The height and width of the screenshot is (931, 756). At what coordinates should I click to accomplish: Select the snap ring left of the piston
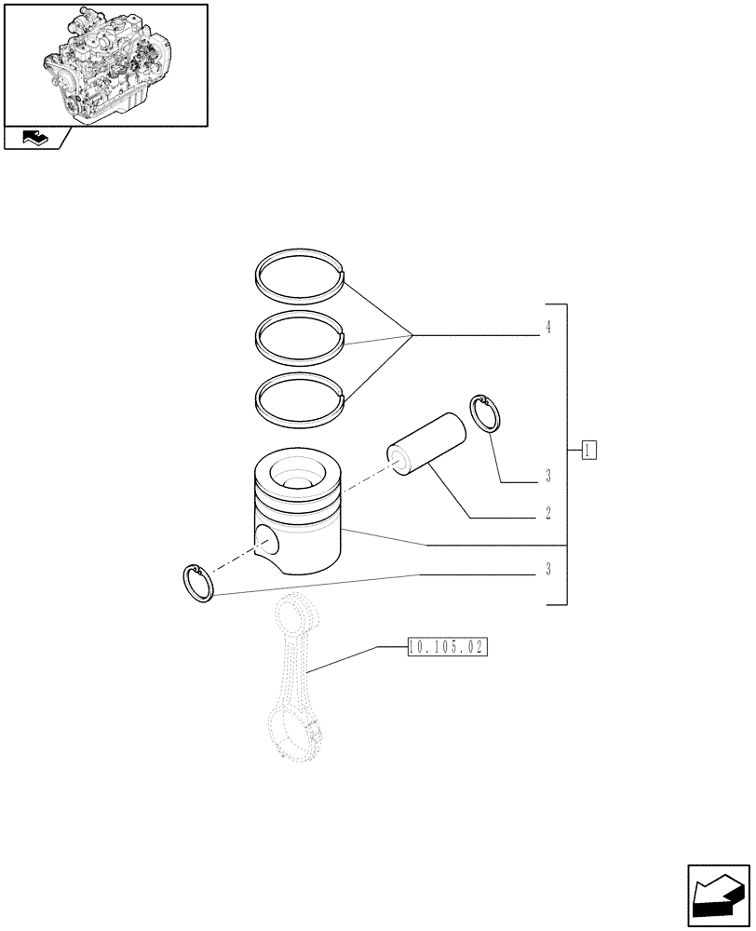(x=198, y=582)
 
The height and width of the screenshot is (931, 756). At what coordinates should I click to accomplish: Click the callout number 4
(x=548, y=328)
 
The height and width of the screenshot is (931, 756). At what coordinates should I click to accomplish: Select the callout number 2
(x=548, y=513)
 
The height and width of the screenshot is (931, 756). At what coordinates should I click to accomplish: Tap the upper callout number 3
(x=548, y=478)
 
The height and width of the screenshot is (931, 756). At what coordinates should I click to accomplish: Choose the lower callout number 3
(x=548, y=570)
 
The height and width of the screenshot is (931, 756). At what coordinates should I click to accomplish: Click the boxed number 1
(x=589, y=452)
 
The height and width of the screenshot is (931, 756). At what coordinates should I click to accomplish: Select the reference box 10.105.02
(x=448, y=647)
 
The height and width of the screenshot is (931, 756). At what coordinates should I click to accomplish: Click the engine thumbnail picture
(x=105, y=64)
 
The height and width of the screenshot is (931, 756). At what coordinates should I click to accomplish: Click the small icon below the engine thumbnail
(x=35, y=139)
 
